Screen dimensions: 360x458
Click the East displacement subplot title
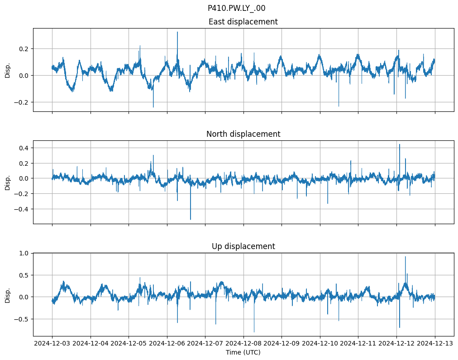(x=243, y=22)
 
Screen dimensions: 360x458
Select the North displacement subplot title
(x=243, y=134)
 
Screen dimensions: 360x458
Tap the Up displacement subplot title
(x=243, y=246)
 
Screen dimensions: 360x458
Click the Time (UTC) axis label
(x=243, y=352)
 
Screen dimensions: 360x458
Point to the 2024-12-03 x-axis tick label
(x=52, y=343)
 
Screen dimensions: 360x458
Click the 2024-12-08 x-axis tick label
(x=243, y=343)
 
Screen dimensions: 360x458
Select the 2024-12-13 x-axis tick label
(x=435, y=343)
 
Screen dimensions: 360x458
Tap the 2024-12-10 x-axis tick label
(x=320, y=343)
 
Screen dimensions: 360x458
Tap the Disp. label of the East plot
(x=8, y=70)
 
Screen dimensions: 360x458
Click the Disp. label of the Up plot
(x=8, y=295)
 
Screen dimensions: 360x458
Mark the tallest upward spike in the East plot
(x=177, y=32)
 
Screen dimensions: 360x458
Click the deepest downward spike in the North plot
(x=191, y=219)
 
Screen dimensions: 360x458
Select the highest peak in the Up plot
(x=405, y=257)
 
